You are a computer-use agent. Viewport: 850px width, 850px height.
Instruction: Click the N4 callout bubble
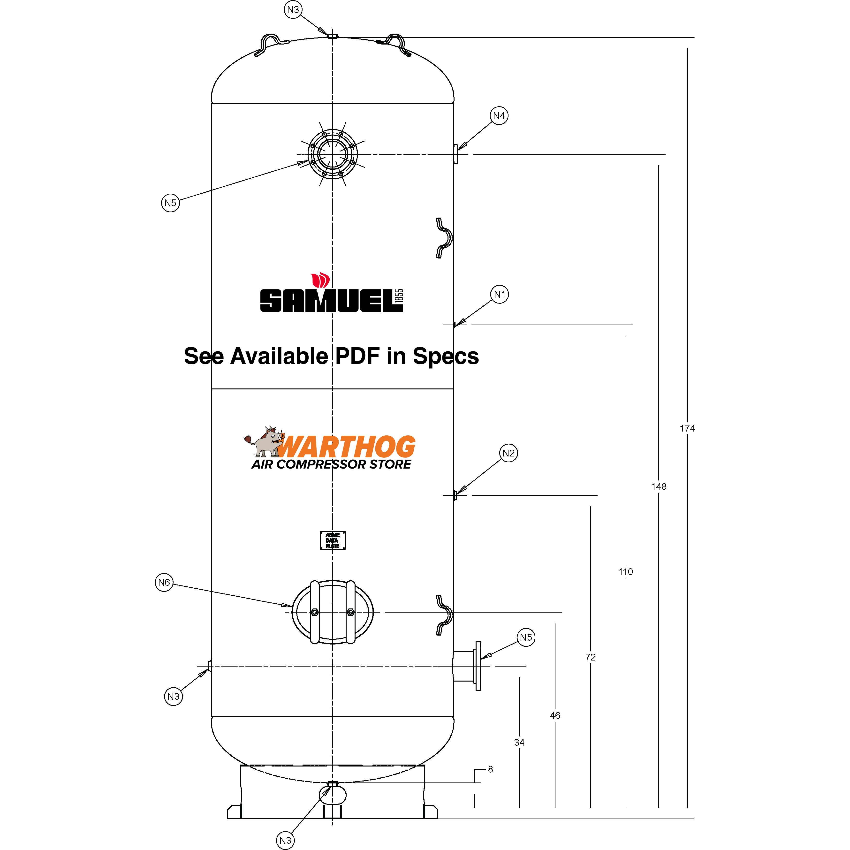(499, 116)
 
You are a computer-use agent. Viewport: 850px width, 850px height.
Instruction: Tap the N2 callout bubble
(508, 453)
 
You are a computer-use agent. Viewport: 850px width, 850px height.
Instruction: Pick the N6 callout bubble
(164, 583)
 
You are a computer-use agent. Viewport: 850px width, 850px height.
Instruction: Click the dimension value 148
(659, 486)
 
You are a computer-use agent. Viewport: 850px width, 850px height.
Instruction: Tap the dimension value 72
(590, 657)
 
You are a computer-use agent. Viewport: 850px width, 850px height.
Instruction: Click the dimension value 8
(491, 769)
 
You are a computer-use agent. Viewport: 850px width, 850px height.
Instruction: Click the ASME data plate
(333, 540)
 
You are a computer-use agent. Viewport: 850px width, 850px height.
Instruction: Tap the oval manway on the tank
(333, 612)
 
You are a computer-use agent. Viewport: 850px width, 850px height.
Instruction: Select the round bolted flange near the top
(333, 154)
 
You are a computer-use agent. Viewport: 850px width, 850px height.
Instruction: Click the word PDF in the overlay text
(357, 356)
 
